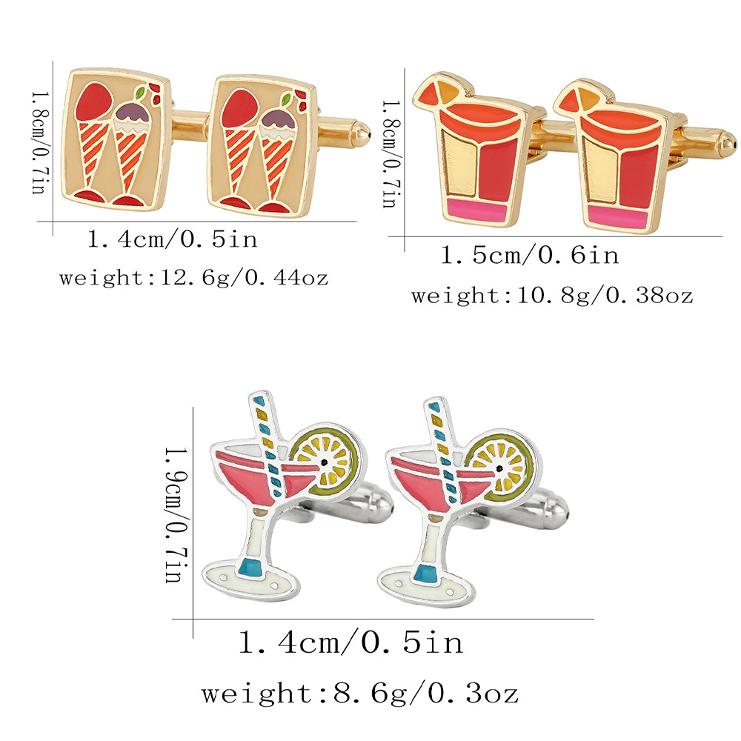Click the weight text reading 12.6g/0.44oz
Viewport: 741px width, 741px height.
pyautogui.click(x=193, y=279)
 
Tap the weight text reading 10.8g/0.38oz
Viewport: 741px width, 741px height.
pyautogui.click(x=552, y=296)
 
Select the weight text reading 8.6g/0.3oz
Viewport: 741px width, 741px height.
pyautogui.click(x=360, y=694)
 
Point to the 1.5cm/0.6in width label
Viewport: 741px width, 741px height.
pyautogui.click(x=529, y=256)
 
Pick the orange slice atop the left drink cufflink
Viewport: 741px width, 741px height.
pyautogui.click(x=442, y=92)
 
